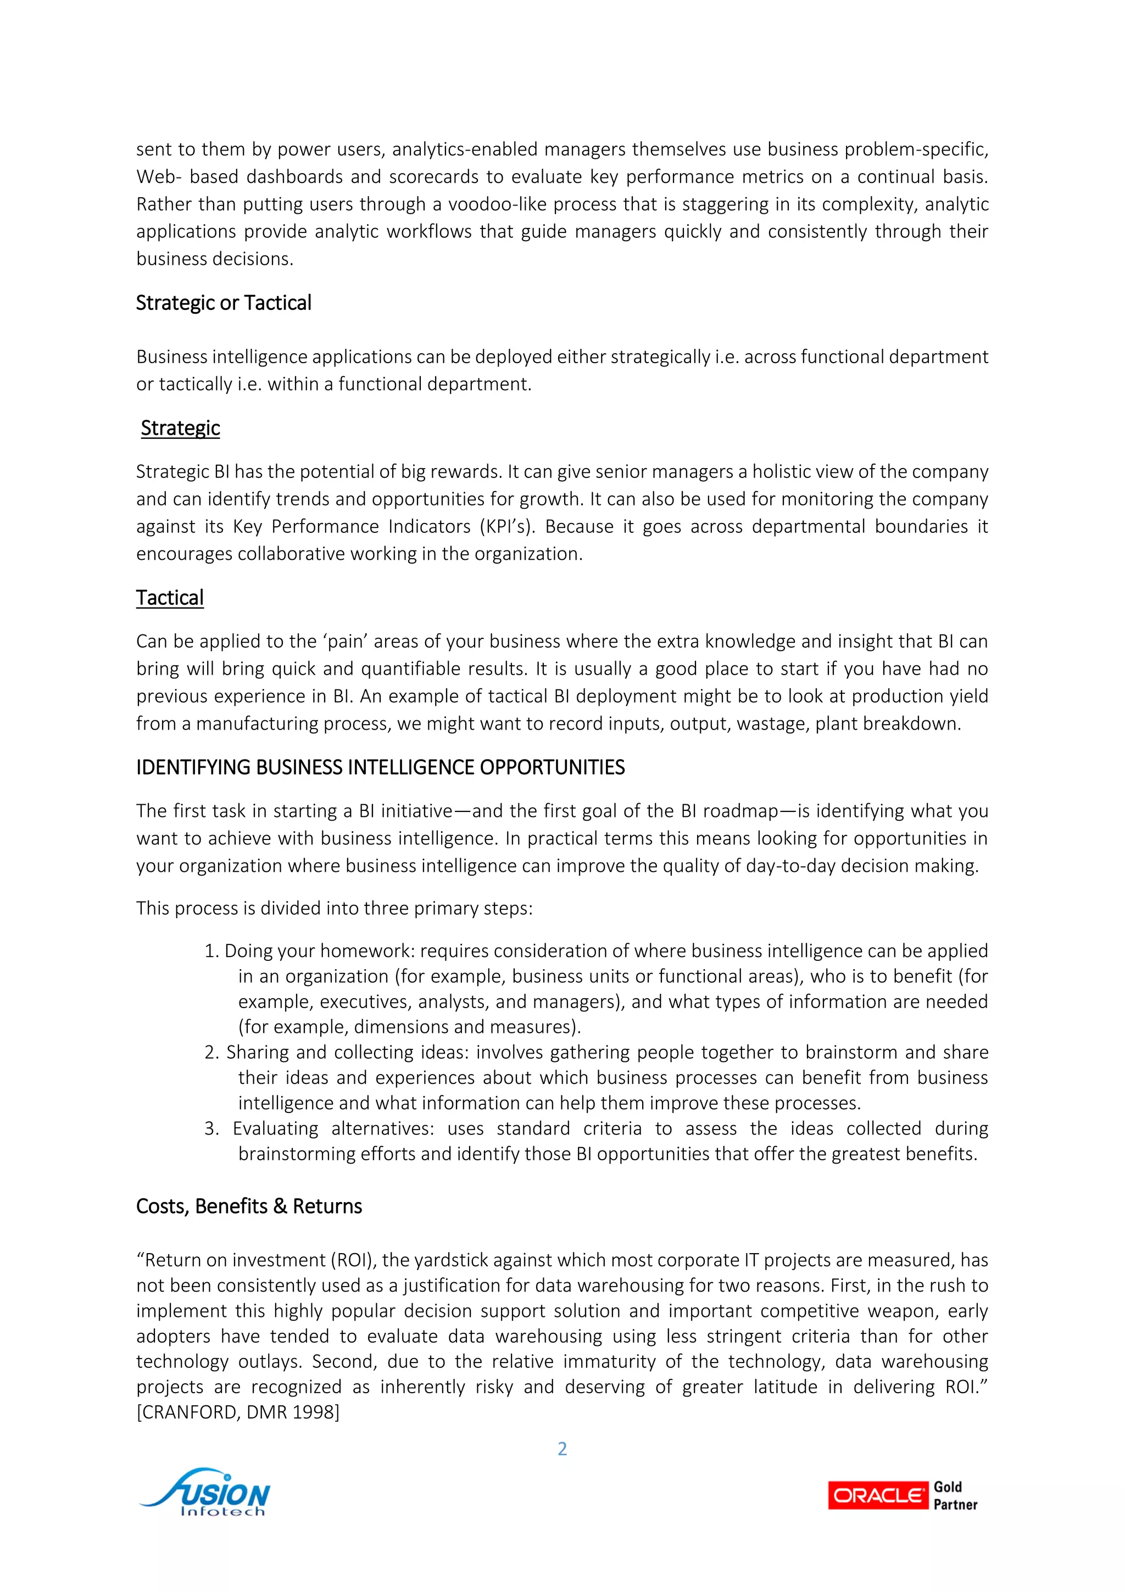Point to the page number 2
[x=562, y=1448]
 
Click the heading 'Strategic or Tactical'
[x=223, y=303]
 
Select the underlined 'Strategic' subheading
[x=180, y=428]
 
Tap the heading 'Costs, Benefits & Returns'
[x=249, y=1206]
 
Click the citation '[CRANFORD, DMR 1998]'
[x=238, y=1411]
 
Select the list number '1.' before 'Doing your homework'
[x=211, y=951]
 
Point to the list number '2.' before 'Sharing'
[x=211, y=1052]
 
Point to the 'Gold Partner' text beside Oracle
[x=955, y=1495]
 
